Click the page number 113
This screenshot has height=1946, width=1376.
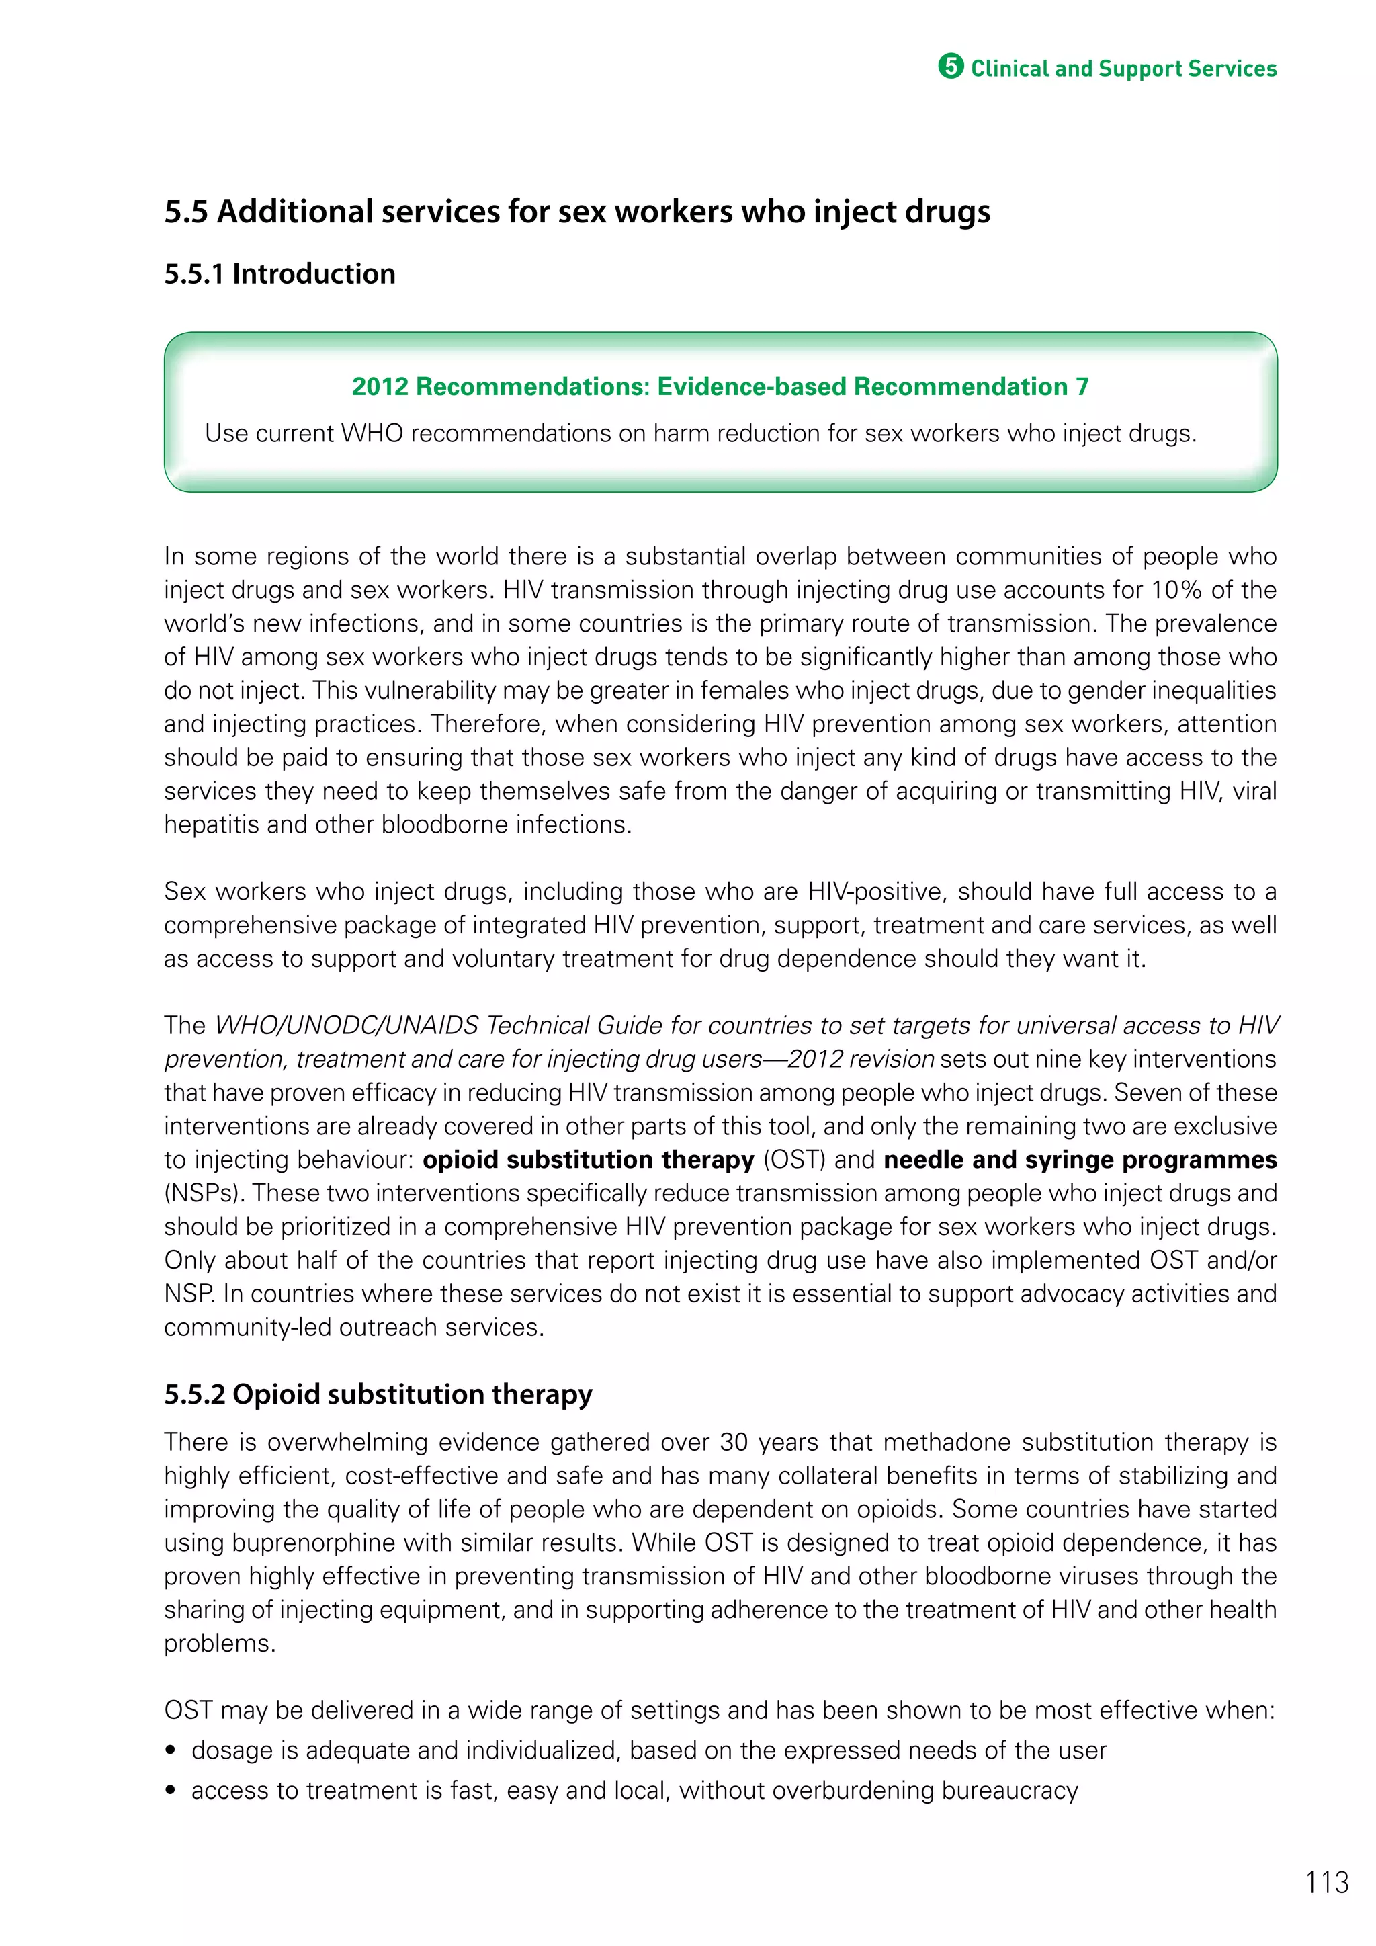click(1327, 1882)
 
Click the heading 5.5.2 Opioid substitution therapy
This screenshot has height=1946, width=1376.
click(378, 1394)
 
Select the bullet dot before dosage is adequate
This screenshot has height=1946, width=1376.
click(171, 1751)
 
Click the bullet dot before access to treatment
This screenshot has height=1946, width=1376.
click(171, 1791)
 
